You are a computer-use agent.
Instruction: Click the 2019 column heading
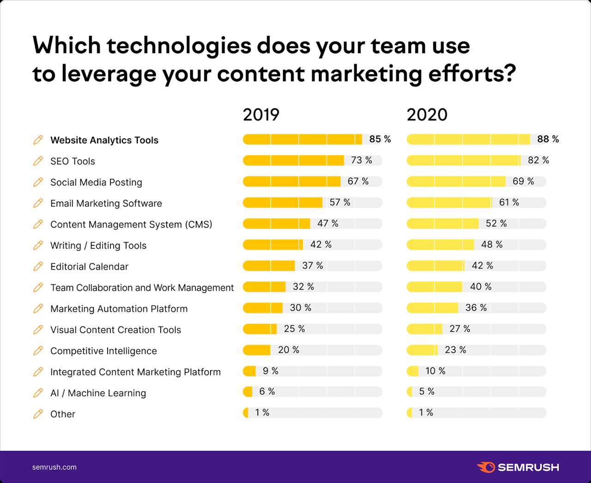click(261, 115)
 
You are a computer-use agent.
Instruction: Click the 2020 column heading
click(427, 115)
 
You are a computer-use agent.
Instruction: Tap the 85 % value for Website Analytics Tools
click(380, 139)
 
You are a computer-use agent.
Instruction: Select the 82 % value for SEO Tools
click(538, 160)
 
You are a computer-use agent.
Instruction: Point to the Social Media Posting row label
click(96, 182)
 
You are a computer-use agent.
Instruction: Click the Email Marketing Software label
click(106, 203)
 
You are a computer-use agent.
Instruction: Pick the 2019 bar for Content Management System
click(276, 223)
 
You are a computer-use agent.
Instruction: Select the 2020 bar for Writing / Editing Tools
click(440, 245)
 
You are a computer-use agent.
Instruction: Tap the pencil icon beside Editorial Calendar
click(38, 266)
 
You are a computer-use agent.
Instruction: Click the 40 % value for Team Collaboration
click(480, 287)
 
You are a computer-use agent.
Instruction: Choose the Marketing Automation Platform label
click(119, 309)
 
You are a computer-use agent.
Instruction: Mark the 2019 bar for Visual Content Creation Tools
click(259, 329)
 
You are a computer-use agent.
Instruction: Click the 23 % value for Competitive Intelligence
click(455, 350)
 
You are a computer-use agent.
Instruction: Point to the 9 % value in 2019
click(270, 371)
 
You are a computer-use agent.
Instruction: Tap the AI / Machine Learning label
click(98, 393)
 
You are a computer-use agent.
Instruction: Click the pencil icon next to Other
click(38, 414)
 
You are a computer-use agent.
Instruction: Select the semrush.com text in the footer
click(54, 467)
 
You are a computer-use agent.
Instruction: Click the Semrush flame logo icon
click(486, 467)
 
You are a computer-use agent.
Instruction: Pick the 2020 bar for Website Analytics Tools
click(468, 139)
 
